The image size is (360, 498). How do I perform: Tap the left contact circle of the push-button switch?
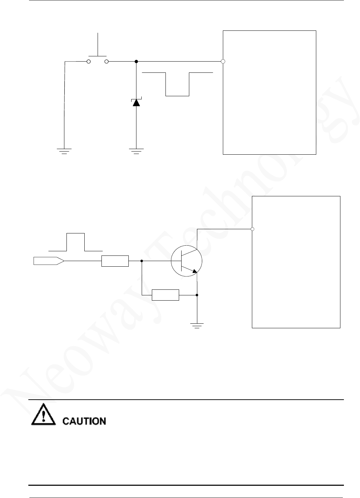click(89, 62)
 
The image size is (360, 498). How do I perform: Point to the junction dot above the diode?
click(136, 62)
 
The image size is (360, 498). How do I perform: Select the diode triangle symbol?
click(136, 103)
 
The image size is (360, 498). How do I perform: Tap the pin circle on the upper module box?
click(223, 62)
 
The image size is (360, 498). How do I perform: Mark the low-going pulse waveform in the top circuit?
click(177, 84)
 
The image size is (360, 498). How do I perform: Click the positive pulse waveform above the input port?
click(76, 242)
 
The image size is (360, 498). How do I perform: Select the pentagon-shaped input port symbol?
click(49, 261)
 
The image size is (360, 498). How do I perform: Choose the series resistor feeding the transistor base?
click(115, 261)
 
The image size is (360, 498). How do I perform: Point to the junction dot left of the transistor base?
click(142, 261)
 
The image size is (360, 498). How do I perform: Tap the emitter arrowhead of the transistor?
click(195, 271)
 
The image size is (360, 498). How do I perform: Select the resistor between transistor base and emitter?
click(165, 295)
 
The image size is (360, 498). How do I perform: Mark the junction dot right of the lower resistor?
click(197, 295)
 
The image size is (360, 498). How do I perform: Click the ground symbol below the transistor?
click(197, 325)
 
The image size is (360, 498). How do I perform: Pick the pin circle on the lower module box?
click(252, 229)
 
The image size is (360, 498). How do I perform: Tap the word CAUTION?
click(84, 421)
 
